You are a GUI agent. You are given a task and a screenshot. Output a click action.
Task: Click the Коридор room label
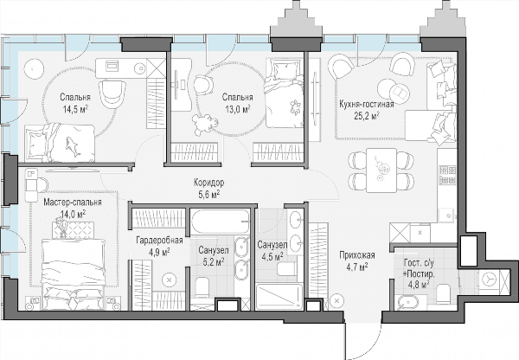pos(208,182)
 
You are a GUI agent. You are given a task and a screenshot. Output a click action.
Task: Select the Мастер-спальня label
pos(73,202)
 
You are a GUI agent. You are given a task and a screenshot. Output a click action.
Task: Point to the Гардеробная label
pos(159,240)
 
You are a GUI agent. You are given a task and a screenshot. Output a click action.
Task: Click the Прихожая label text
pos(356,255)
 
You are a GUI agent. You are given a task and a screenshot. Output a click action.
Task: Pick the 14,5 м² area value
pos(75,109)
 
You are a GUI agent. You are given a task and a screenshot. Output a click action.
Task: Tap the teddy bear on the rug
pos(205,124)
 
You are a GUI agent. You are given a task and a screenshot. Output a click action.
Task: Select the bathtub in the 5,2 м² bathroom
pos(220,222)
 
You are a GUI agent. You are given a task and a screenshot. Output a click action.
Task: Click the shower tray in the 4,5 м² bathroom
pos(279,297)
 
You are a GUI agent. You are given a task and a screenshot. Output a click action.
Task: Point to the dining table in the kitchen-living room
pos(381,170)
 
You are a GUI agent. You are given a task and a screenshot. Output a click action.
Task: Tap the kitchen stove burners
pos(447,175)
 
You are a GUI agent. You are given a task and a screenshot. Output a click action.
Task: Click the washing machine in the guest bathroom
pos(489,280)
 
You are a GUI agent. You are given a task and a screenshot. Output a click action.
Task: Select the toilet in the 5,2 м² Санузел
pos(202,287)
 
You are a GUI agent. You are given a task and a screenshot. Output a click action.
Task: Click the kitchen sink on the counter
pos(448,215)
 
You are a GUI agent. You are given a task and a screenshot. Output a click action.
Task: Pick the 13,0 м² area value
pos(238,109)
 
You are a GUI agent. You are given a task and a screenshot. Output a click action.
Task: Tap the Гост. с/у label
pos(419,263)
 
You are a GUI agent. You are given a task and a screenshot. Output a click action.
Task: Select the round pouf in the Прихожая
pos(337,300)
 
